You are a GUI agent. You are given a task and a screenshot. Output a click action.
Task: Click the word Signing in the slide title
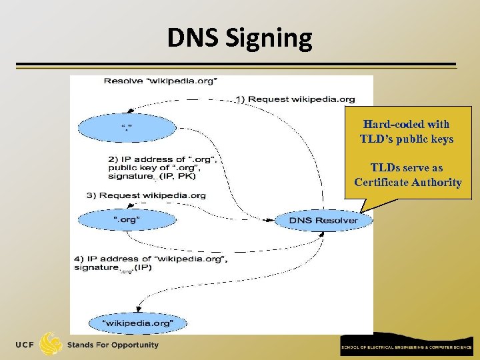coord(273,38)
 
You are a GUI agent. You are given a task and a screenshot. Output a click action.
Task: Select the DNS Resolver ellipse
coord(323,221)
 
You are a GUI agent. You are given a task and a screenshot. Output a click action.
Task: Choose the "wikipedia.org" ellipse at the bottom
coord(138,323)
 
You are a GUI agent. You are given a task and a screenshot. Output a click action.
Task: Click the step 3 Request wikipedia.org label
coord(146,195)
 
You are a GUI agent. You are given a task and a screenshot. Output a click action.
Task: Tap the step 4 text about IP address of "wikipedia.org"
coord(151,263)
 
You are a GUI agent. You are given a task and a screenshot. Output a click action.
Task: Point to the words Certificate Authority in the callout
coord(407,183)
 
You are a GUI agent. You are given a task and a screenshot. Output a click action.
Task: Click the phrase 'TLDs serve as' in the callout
coord(407,168)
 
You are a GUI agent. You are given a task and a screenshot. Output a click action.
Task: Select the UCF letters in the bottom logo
coord(27,345)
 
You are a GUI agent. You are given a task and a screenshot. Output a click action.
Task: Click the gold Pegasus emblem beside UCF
coord(51,344)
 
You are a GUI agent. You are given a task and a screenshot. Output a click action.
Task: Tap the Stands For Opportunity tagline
coord(113,345)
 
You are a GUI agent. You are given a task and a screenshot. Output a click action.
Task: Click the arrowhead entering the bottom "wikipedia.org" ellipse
coord(138,309)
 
